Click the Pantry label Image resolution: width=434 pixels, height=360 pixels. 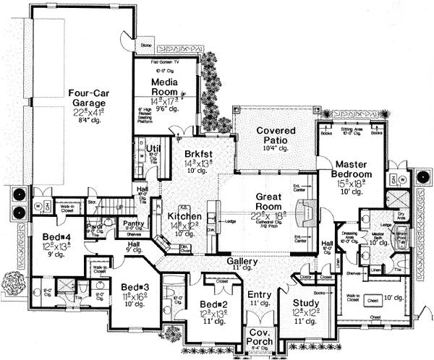point(133,224)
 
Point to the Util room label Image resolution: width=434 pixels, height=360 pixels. point(153,148)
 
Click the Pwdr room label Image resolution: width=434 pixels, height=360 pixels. point(93,225)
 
